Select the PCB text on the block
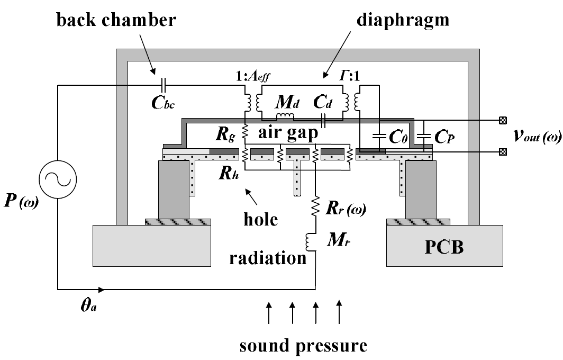(x=445, y=247)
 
